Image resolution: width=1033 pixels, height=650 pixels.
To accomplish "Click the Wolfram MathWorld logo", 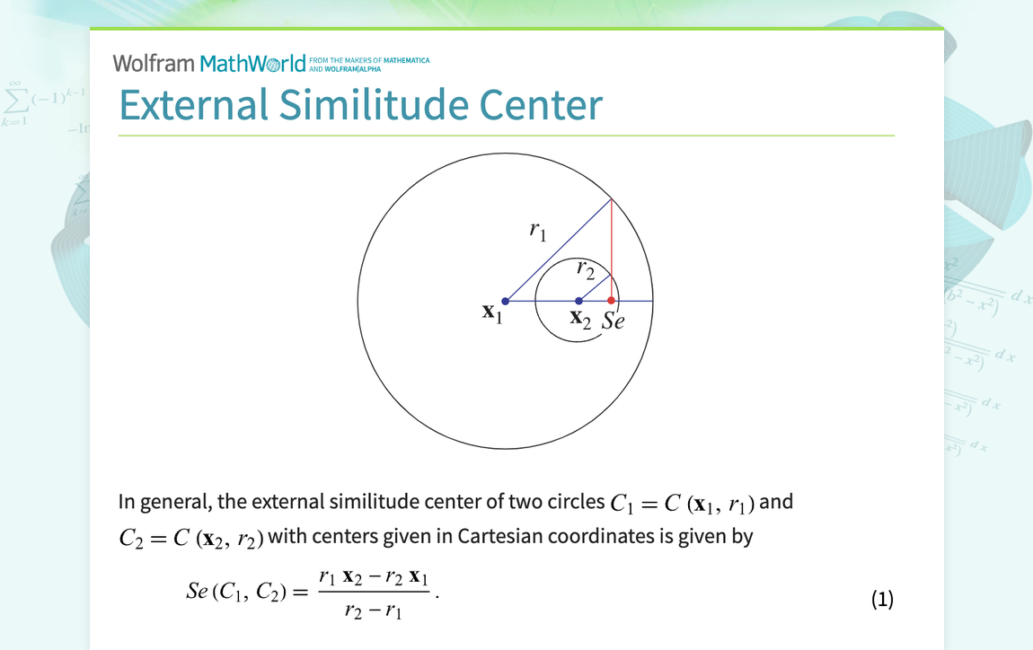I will point(209,63).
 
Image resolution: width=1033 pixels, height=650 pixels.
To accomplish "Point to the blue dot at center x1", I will point(506,301).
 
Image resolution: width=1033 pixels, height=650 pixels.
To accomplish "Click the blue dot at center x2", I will point(578,301).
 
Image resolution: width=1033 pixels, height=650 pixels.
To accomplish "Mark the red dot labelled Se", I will point(612,301).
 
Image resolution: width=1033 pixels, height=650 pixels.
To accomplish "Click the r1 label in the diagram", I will point(537,231).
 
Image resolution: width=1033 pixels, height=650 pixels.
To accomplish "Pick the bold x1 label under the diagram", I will point(490,313).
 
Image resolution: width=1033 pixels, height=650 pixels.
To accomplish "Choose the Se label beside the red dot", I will point(613,321).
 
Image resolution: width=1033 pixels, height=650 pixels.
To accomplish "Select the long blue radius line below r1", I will point(557,250).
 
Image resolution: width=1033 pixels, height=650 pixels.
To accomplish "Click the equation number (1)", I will point(882,599).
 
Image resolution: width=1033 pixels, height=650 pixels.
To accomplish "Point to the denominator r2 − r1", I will point(372,613).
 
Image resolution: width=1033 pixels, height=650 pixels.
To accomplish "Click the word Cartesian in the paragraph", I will point(500,537).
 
